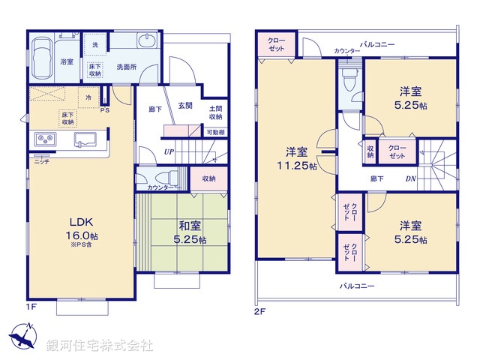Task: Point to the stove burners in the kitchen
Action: coord(43,140)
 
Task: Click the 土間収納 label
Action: coord(215,112)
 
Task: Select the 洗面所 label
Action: coord(125,67)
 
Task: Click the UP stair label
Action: coord(170,151)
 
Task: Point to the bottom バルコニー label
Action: coord(356,286)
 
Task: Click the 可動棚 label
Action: coord(215,133)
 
